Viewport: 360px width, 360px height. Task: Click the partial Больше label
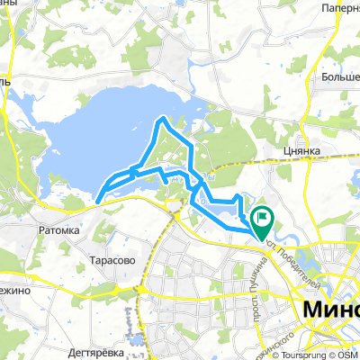pyautogui.click(x=339, y=76)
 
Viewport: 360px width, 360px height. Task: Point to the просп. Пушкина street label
pyautogui.click(x=256, y=290)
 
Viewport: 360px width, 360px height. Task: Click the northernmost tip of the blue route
pyautogui.click(x=162, y=117)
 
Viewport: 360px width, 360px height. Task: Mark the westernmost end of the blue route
pyautogui.click(x=96, y=198)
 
